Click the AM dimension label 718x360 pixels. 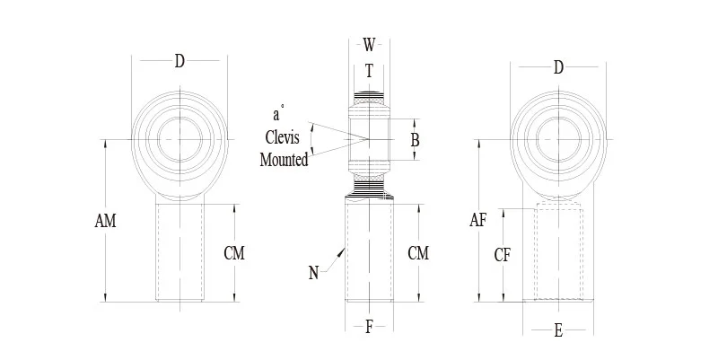(x=104, y=220)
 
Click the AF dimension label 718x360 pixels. (x=477, y=220)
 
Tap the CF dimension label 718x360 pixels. (x=503, y=255)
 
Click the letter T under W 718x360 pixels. (x=369, y=73)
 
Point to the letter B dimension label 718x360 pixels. (x=415, y=140)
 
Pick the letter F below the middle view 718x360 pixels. (x=369, y=327)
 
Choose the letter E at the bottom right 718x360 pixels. (x=558, y=331)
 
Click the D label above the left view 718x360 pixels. (x=179, y=61)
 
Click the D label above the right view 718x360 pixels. (x=558, y=67)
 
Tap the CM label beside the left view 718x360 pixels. (x=234, y=253)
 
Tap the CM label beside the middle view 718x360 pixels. (x=418, y=253)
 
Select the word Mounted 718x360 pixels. (x=284, y=161)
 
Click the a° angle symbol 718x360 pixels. (x=278, y=114)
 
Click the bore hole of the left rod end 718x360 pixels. (x=179, y=139)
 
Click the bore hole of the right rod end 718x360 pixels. (x=558, y=139)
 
